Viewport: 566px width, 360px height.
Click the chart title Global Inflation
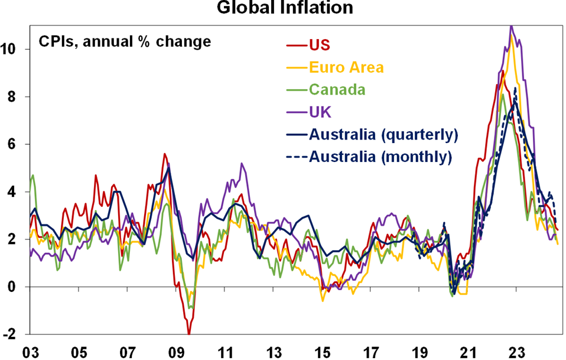pyautogui.click(x=285, y=8)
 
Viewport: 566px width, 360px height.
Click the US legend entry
pyautogui.click(x=320, y=45)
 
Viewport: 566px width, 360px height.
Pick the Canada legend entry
pyautogui.click(x=337, y=90)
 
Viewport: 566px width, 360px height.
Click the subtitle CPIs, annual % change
pyautogui.click(x=125, y=42)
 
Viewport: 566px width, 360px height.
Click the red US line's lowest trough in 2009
pyautogui.click(x=188, y=333)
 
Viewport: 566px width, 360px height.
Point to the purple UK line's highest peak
pyautogui.click(x=511, y=26)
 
